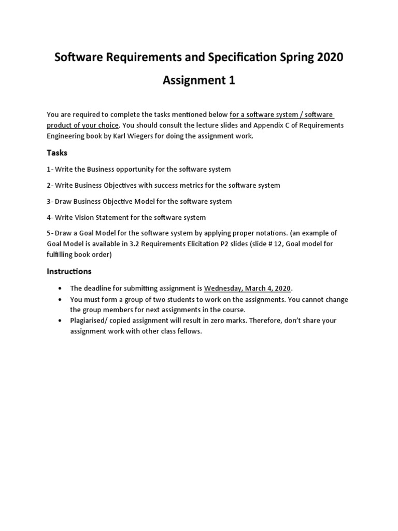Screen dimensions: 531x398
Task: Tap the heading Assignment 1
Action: pyautogui.click(x=199, y=81)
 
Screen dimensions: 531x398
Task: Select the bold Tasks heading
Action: pyautogui.click(x=57, y=153)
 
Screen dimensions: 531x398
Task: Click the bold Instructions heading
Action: pyautogui.click(x=69, y=271)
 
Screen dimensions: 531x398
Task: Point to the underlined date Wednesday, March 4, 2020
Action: pyautogui.click(x=248, y=288)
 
